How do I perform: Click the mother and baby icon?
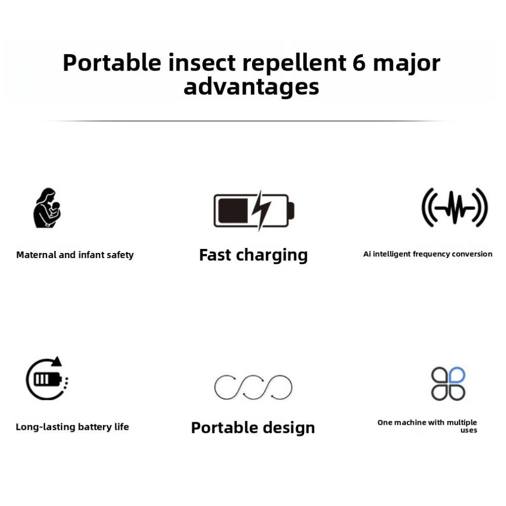pyautogui.click(x=47, y=208)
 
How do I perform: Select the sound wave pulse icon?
pyautogui.click(x=455, y=208)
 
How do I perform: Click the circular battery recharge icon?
pyautogui.click(x=47, y=378)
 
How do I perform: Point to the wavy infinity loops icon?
pyautogui.click(x=253, y=387)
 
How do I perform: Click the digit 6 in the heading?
pyautogui.click(x=359, y=62)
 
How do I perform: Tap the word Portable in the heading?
pyautogui.click(x=112, y=62)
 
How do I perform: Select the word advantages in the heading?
pyautogui.click(x=251, y=87)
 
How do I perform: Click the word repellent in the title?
pyautogui.click(x=294, y=62)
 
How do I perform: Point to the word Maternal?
pyautogui.click(x=36, y=255)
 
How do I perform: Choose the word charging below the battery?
pyautogui.click(x=272, y=255)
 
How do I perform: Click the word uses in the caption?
pyautogui.click(x=469, y=430)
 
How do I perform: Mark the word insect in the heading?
pyautogui.click(x=202, y=62)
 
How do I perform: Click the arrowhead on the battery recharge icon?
pyautogui.click(x=57, y=361)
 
